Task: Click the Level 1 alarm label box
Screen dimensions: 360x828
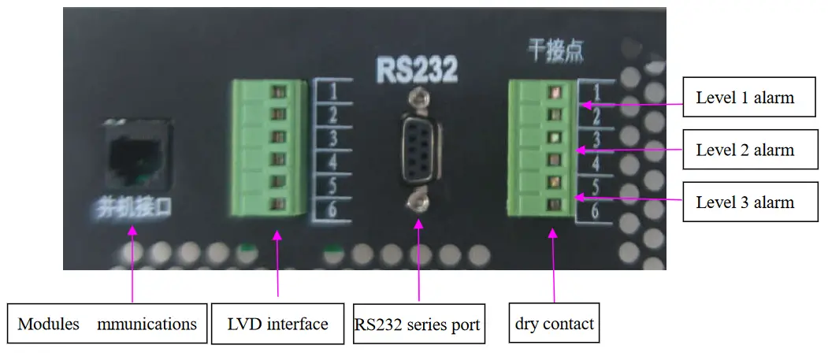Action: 744,98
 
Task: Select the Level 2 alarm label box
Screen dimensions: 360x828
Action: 744,150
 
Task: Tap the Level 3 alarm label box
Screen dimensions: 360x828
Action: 744,202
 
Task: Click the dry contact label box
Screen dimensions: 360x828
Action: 554,324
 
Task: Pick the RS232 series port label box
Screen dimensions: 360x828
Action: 418,324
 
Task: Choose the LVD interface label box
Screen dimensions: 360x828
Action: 277,324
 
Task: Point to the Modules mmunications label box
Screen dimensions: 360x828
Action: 107,324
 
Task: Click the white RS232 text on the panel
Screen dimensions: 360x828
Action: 417,70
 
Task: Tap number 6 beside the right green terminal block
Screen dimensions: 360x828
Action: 596,210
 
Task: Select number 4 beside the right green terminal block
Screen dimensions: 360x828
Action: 596,164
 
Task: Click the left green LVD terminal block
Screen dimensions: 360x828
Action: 268,148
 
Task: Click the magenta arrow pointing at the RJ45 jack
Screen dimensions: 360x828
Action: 132,264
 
